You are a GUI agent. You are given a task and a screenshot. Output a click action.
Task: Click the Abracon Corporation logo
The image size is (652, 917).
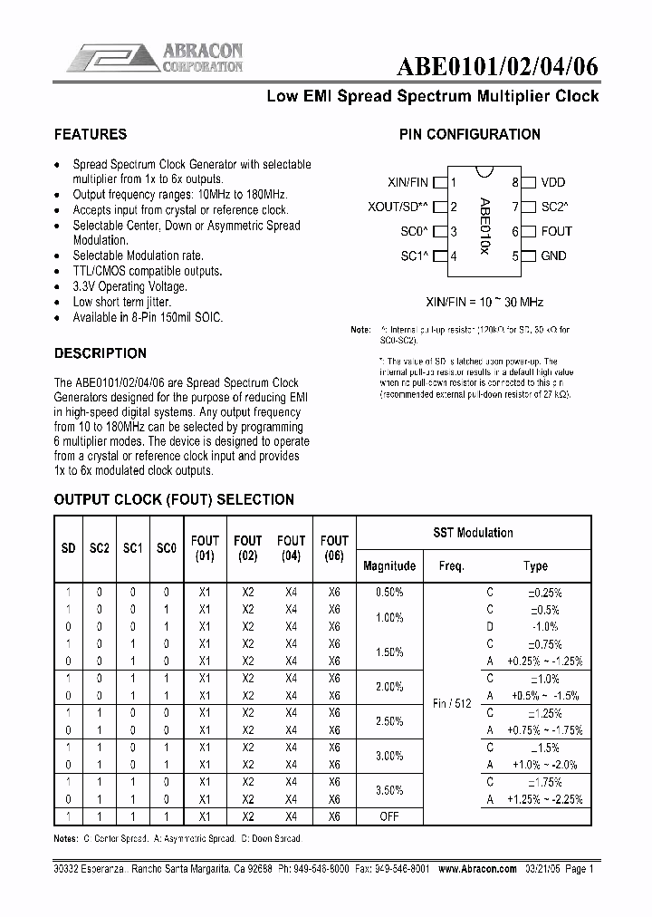click(154, 56)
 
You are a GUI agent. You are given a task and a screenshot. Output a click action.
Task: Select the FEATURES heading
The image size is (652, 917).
click(91, 134)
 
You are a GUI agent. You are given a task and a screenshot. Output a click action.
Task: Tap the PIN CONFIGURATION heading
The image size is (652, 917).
click(470, 134)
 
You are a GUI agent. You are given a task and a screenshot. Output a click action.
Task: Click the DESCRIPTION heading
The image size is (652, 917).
click(100, 352)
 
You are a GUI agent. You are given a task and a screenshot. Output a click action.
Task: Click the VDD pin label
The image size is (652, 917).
click(553, 182)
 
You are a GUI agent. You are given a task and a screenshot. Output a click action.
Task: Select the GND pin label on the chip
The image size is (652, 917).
click(553, 256)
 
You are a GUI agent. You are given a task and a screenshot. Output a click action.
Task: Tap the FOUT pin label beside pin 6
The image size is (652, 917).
click(556, 231)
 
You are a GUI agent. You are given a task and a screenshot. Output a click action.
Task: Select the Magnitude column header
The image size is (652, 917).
click(389, 565)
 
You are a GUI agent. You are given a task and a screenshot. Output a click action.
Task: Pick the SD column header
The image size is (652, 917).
click(69, 549)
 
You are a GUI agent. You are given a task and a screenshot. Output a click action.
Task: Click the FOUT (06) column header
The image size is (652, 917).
click(334, 549)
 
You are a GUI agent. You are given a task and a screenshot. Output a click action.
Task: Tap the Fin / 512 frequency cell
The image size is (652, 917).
click(452, 703)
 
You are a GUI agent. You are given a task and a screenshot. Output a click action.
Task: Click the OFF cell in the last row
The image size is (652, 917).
click(389, 816)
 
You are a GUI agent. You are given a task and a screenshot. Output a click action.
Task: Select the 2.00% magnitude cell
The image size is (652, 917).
click(389, 686)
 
